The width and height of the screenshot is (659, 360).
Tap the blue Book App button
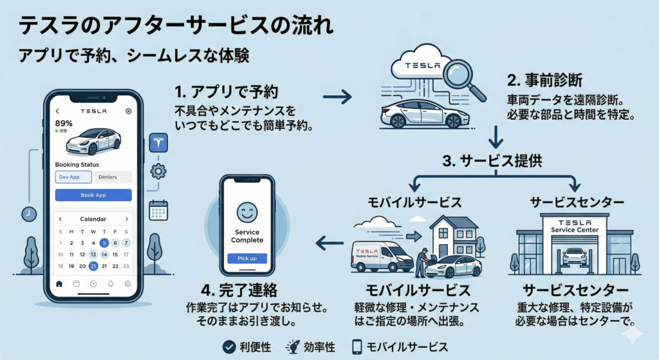pyautogui.click(x=93, y=194)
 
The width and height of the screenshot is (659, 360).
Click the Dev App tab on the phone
pyautogui.click(x=73, y=176)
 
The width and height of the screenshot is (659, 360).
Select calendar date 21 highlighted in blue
pyautogui.click(x=93, y=266)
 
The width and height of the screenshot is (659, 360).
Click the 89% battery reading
pyautogui.click(x=64, y=123)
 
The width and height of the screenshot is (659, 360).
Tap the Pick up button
pyautogui.click(x=246, y=258)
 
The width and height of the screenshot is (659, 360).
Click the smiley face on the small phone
pyautogui.click(x=246, y=212)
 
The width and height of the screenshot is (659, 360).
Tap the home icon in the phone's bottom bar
pyautogui.click(x=59, y=283)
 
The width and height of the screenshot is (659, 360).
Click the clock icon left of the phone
pyautogui.click(x=28, y=214)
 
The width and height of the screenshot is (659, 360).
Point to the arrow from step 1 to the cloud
pyautogui.click(x=337, y=97)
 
